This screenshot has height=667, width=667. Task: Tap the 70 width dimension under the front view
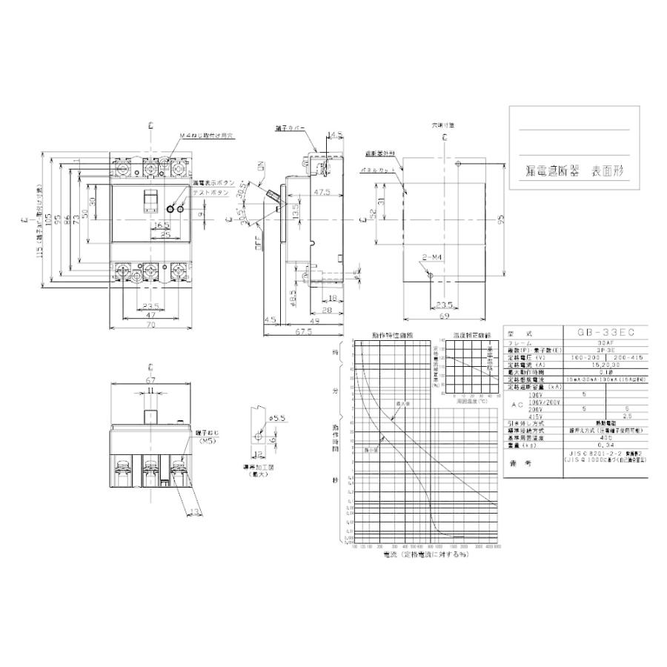pos(150,325)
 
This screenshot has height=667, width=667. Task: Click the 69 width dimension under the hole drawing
pos(443,316)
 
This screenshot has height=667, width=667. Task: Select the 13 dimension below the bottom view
pos(193,511)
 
